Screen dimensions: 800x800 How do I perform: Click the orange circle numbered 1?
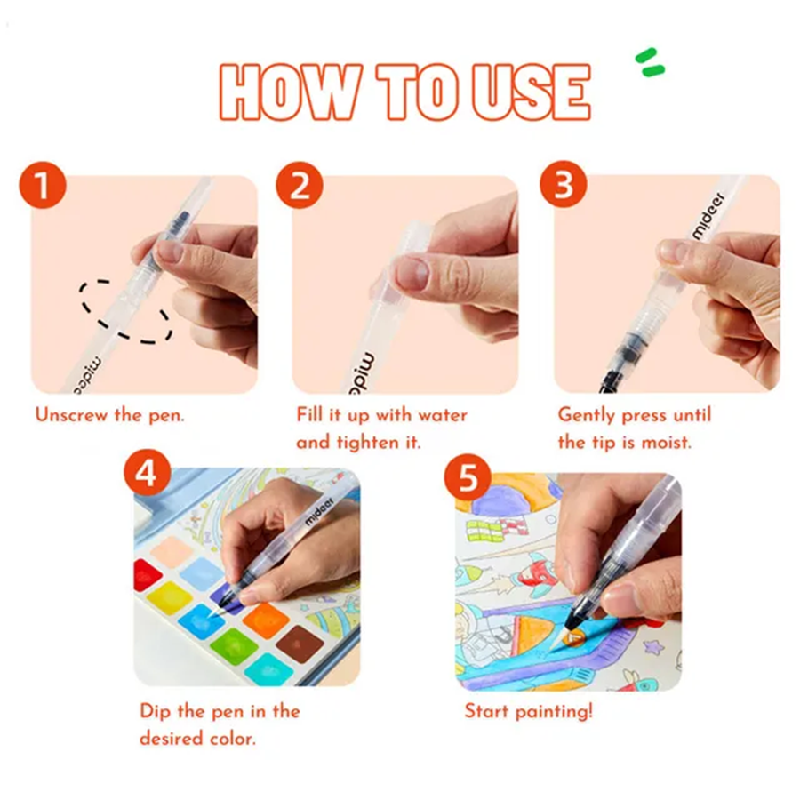(43, 185)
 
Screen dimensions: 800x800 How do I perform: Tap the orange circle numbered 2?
(300, 185)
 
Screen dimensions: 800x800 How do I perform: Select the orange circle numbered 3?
(564, 184)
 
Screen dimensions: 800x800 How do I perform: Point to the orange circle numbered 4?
(148, 473)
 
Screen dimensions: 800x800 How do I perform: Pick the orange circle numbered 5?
(468, 477)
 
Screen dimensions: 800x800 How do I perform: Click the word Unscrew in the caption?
(71, 415)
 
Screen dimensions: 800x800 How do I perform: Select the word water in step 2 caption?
(442, 415)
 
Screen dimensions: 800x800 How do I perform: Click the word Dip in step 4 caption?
(156, 712)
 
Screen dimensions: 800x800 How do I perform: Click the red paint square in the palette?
(147, 575)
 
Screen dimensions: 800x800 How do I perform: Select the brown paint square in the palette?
(300, 644)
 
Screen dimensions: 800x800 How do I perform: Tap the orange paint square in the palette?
(265, 620)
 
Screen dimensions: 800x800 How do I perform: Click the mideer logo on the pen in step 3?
(708, 215)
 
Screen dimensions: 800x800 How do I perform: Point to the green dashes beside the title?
(650, 61)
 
